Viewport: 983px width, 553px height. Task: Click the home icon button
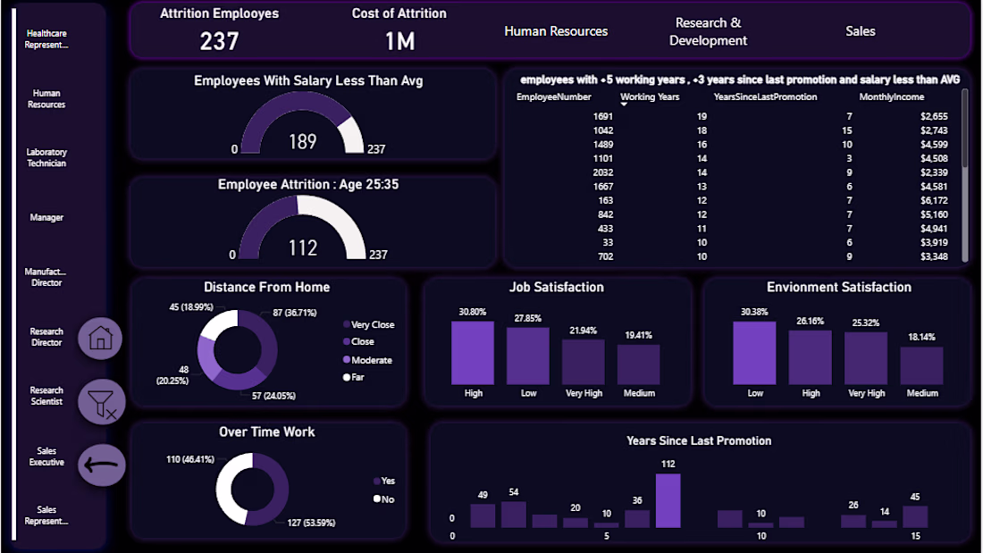[100, 338]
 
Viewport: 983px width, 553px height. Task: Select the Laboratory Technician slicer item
[46, 158]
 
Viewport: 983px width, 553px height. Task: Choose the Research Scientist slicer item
[46, 396]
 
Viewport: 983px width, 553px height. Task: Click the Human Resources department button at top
[556, 31]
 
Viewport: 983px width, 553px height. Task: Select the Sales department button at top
[861, 31]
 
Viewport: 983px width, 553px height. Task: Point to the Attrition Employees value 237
[219, 41]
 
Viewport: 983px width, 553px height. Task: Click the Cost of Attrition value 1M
[399, 41]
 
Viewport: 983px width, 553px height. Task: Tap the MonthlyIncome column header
[891, 96]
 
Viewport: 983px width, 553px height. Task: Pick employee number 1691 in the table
[602, 116]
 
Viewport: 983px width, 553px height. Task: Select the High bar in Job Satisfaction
[473, 353]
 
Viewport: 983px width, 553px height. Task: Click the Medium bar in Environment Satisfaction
[921, 365]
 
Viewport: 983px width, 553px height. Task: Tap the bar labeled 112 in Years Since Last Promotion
[668, 500]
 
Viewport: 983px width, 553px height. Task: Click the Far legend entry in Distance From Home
[358, 377]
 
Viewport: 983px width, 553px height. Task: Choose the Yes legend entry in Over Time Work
[387, 481]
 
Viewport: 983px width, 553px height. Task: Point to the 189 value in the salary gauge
[303, 142]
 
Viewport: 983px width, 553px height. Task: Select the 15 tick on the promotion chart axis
[915, 536]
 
